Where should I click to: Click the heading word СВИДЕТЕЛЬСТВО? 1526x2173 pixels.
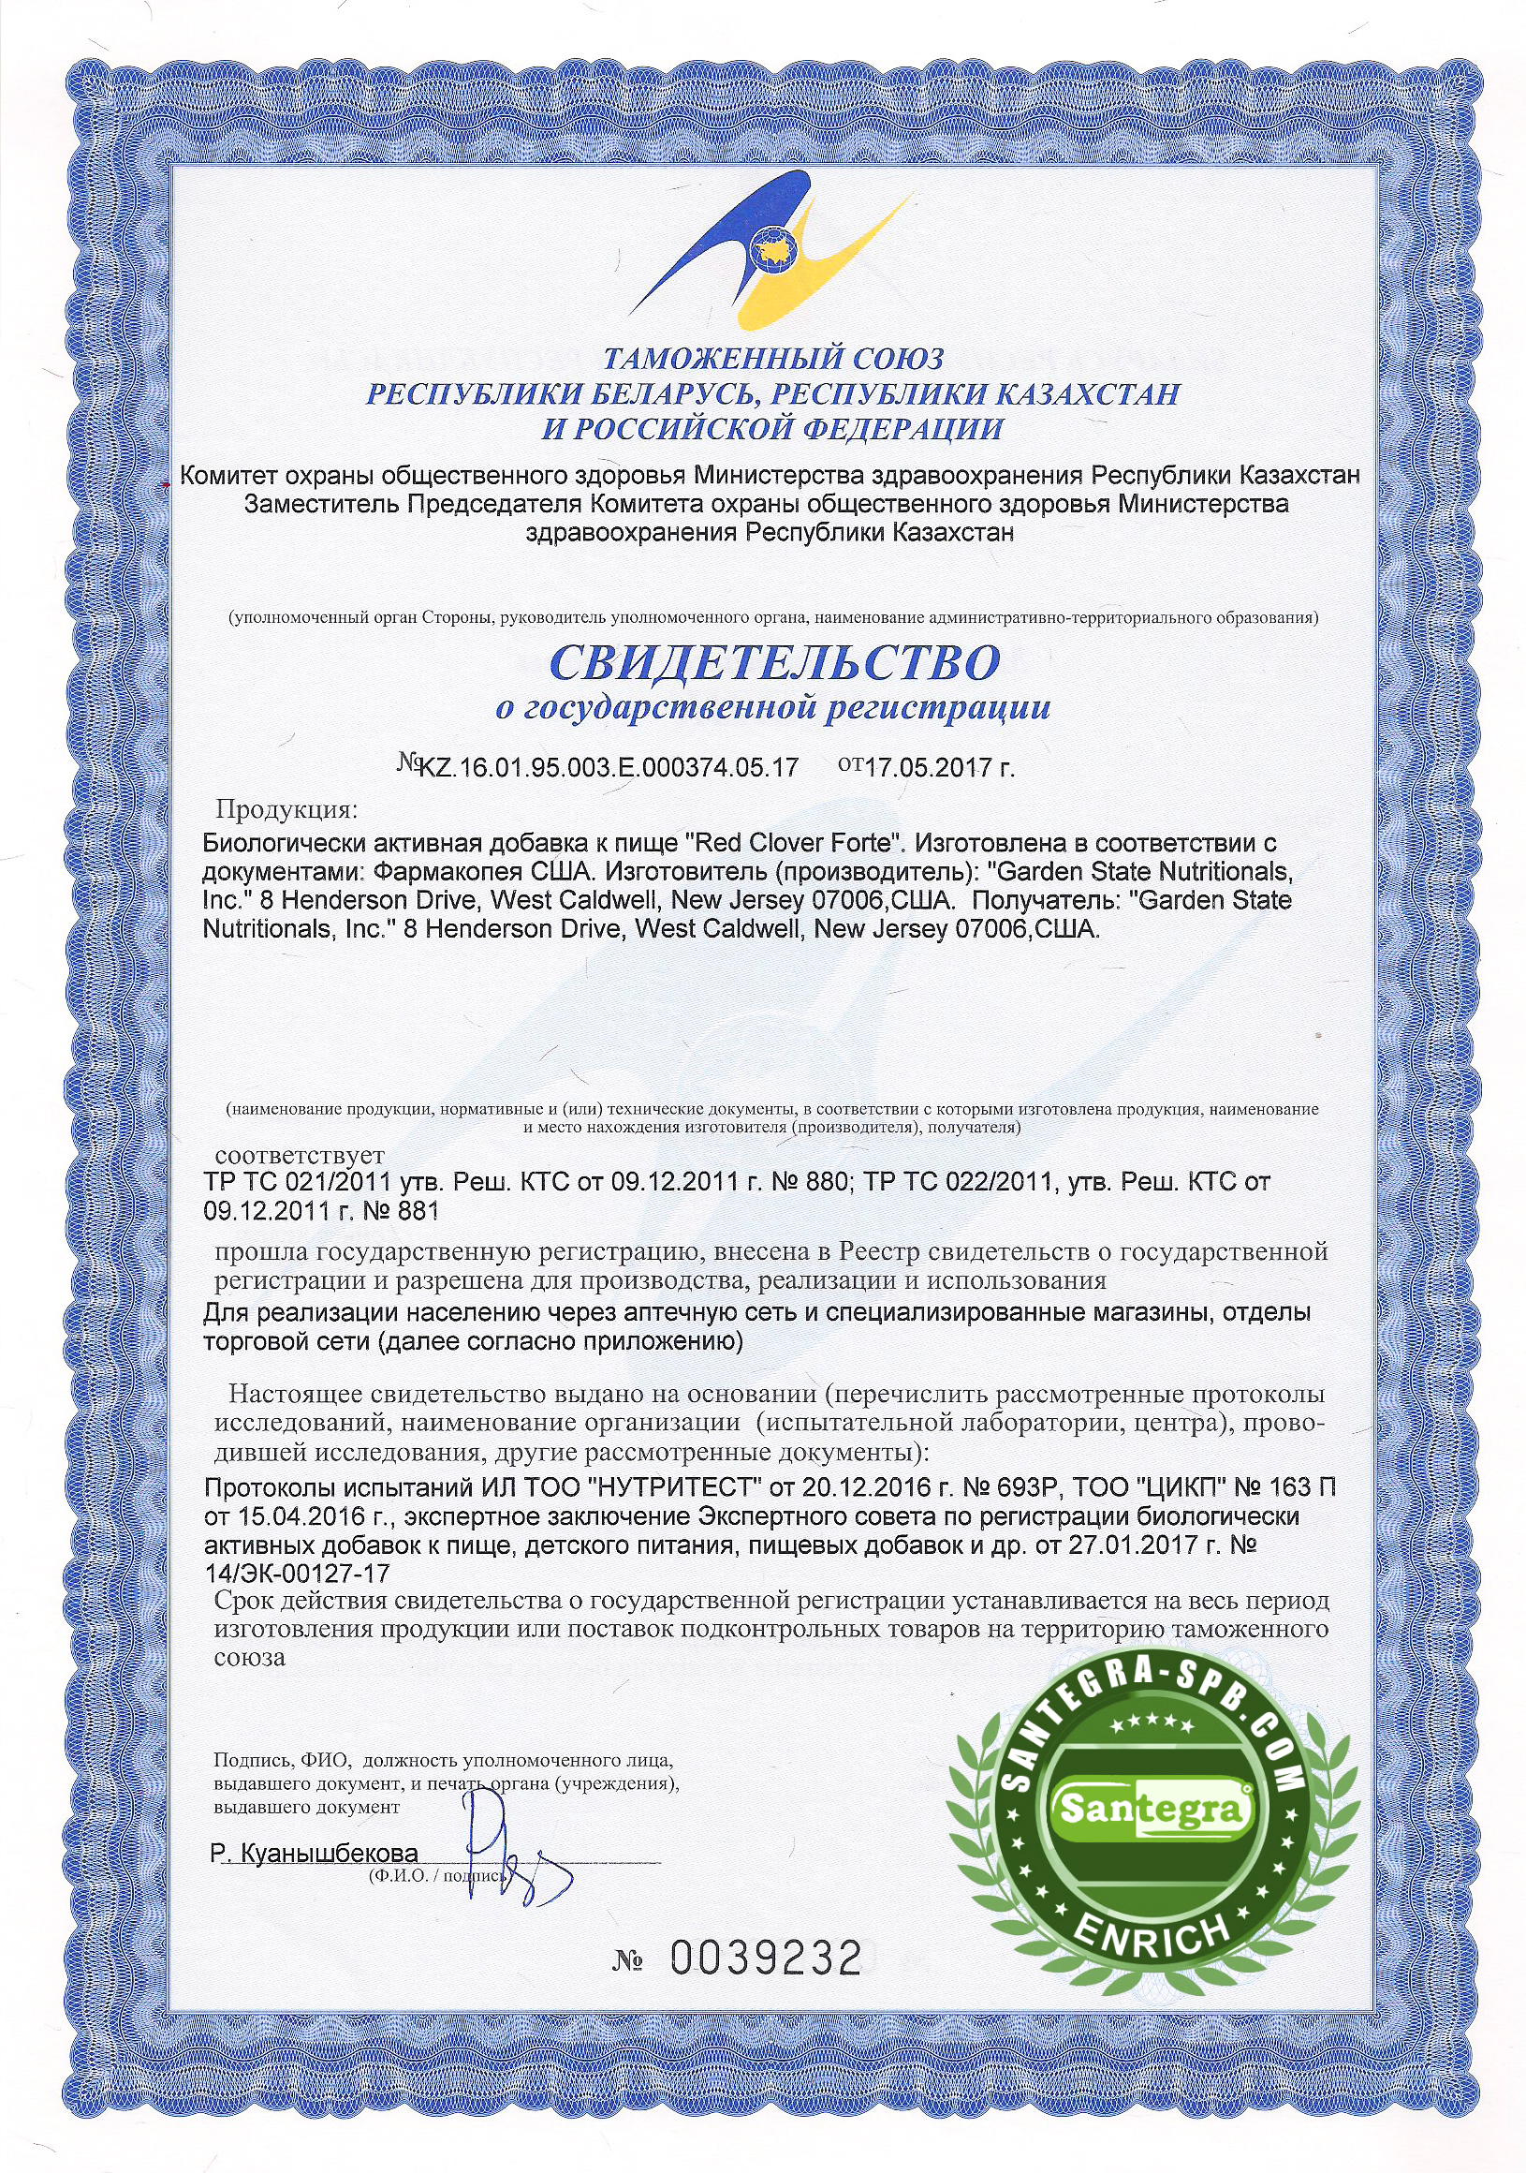(774, 661)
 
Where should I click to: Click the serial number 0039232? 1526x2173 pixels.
(766, 1959)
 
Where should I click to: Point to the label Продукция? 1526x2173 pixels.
(286, 809)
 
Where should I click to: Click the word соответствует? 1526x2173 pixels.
(299, 1156)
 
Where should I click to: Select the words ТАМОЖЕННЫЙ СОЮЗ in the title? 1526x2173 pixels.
(773, 360)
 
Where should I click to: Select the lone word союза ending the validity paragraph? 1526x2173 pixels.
(250, 1657)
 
